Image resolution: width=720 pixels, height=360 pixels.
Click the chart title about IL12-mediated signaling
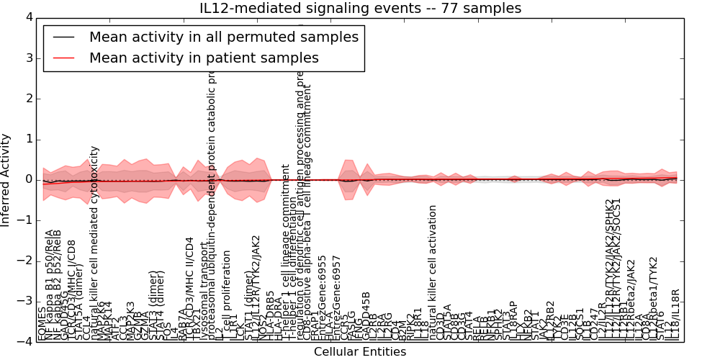pos(360,8)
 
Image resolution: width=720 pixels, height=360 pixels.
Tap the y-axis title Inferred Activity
pos(6,179)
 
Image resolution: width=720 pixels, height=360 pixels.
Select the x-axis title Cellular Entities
pos(360,352)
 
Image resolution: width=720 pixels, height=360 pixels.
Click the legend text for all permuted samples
pos(224,37)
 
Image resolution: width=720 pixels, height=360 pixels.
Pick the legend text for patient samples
pos(204,58)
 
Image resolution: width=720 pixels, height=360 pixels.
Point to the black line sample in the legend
pos(63,37)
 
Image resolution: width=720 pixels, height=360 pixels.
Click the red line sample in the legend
pos(63,58)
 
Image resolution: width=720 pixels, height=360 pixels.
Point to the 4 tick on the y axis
pos(28,17)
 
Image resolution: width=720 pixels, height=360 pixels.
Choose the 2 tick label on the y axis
pos(28,98)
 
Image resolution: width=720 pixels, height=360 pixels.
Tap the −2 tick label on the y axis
pos(25,261)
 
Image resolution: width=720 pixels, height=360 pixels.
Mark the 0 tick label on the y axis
pos(28,179)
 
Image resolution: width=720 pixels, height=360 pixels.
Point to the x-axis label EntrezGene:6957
pos(336,298)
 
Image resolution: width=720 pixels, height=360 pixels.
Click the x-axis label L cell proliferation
pos(227,295)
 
